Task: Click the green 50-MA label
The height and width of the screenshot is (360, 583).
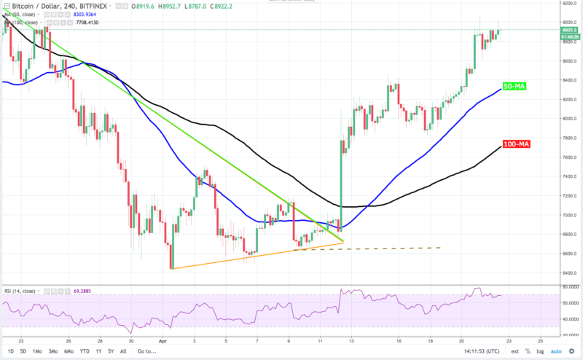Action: pyautogui.click(x=515, y=87)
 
